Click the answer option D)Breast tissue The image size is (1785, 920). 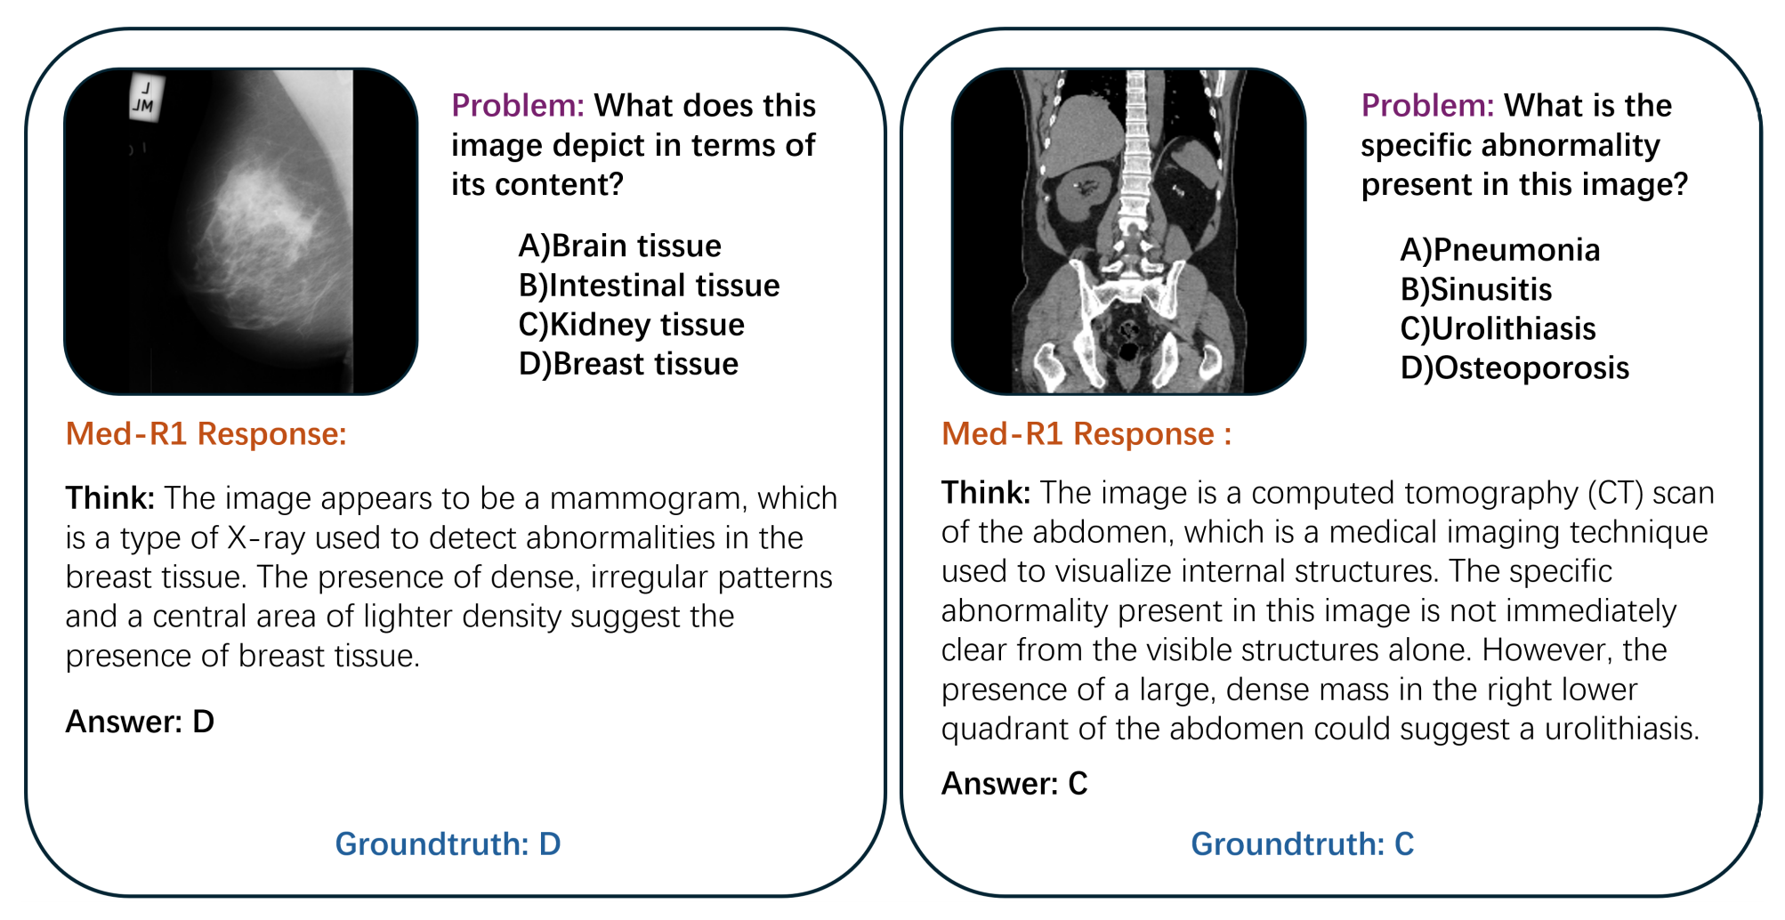point(628,364)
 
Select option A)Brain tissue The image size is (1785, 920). point(619,246)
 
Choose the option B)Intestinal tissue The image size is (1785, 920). point(649,285)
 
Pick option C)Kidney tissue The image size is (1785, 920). point(631,325)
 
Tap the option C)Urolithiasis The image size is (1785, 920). point(1498,329)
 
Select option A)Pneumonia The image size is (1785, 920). point(1499,250)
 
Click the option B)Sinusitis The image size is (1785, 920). point(1475,289)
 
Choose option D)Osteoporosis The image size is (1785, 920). point(1514,368)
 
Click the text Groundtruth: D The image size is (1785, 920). point(448,843)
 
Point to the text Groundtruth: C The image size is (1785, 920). point(1302,843)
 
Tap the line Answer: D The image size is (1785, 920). point(140,722)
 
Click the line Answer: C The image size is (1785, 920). point(1014,783)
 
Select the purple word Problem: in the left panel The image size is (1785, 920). point(517,105)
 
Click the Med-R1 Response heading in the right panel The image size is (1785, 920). point(1086,433)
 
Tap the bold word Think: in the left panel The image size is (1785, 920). point(110,497)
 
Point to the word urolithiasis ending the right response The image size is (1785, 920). point(1621,729)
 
